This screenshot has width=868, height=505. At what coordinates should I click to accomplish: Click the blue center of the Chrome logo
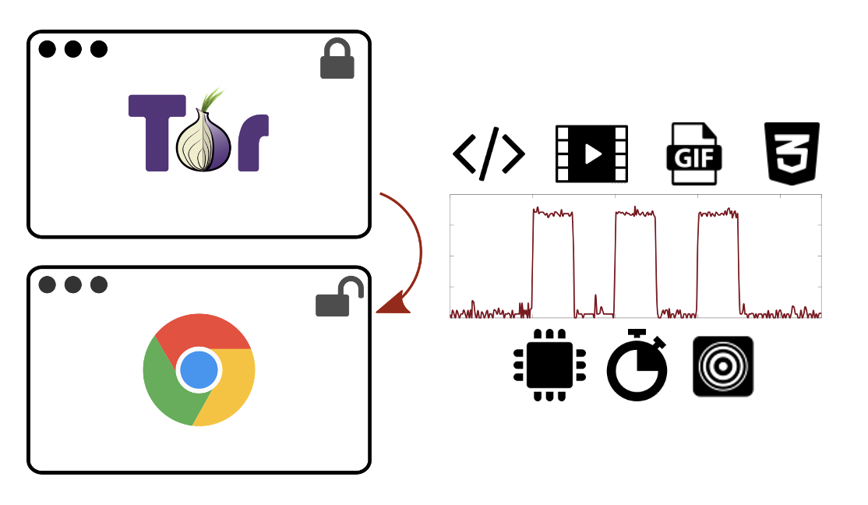pos(199,370)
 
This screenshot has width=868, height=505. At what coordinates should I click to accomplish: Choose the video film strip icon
pos(591,154)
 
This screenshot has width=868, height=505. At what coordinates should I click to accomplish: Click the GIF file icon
pos(694,154)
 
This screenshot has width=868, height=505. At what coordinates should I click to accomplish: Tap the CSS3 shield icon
pos(792,154)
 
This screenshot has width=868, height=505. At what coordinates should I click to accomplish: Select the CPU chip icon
pos(549,365)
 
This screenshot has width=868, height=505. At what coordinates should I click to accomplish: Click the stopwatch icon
pos(637,365)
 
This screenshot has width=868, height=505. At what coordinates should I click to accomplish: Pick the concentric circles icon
pos(723,366)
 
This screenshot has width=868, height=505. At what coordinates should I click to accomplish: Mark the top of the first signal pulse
pos(553,213)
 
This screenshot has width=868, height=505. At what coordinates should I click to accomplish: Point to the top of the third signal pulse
pos(718,214)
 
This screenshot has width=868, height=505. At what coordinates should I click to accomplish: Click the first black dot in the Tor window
pos(48,49)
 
